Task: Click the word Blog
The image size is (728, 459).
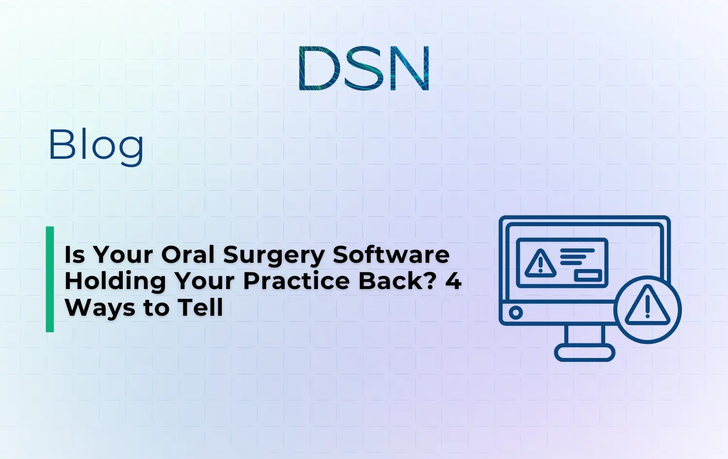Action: click(x=96, y=145)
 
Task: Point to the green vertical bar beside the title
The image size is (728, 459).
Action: click(x=50, y=279)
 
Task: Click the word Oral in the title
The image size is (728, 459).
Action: click(x=188, y=255)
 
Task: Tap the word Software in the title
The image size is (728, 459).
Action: click(x=391, y=255)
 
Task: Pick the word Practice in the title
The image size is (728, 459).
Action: click(x=297, y=281)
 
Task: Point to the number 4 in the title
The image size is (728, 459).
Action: click(x=453, y=281)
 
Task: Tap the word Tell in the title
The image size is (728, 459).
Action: click(x=200, y=307)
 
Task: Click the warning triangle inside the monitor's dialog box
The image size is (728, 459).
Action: click(x=540, y=264)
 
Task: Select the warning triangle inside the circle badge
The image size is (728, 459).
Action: click(x=647, y=307)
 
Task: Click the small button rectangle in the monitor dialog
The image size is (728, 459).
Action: click(x=588, y=275)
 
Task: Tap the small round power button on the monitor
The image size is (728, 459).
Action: click(x=515, y=312)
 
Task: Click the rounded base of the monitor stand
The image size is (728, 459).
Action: click(x=584, y=353)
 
